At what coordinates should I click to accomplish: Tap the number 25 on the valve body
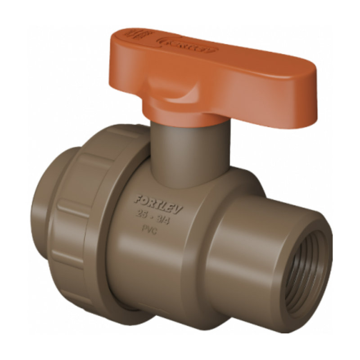pyautogui.click(x=142, y=213)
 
